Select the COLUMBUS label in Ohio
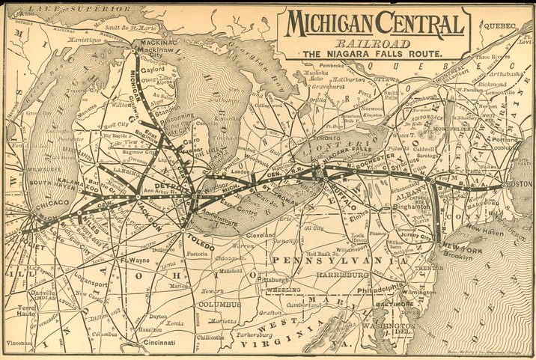click(x=219, y=305)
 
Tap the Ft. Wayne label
click(x=133, y=260)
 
